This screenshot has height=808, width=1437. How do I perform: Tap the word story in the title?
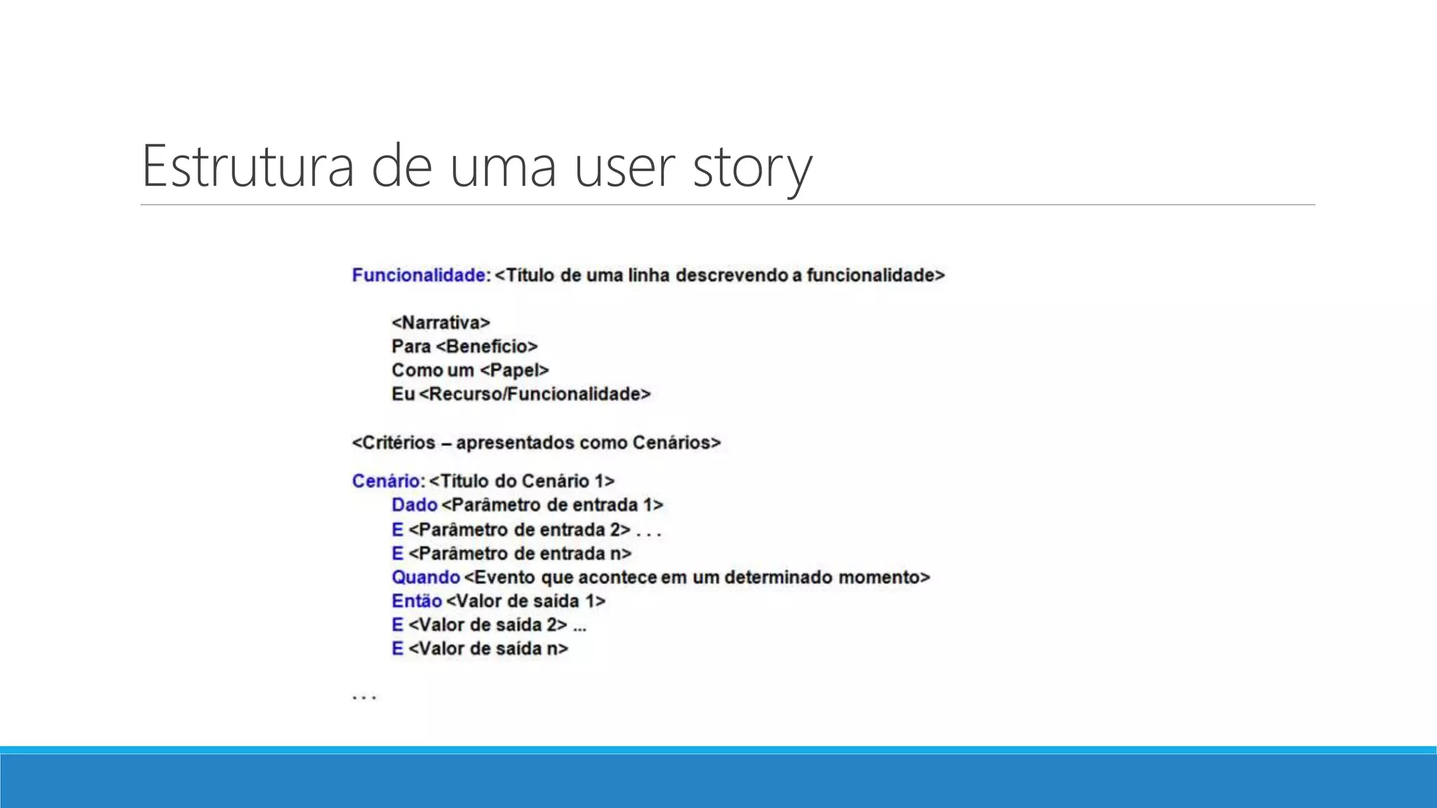pos(752,168)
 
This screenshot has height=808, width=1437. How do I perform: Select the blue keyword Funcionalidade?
pos(419,275)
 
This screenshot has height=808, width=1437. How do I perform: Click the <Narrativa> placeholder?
pos(441,323)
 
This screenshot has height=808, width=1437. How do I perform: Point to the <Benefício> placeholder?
pos(486,346)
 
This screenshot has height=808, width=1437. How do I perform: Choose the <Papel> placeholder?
pos(514,370)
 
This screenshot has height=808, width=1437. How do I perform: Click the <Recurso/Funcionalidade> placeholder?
pos(535,394)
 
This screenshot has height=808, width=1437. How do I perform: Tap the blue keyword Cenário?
pos(386,481)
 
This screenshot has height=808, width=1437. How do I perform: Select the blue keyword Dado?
pos(414,505)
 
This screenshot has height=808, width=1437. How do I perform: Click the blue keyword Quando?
pos(425,577)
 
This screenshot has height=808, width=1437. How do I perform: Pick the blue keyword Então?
pos(417,601)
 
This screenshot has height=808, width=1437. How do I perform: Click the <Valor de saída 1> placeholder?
pos(526,601)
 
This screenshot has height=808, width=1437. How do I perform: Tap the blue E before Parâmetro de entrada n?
pos(397,553)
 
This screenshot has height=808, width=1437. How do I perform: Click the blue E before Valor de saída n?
pos(397,649)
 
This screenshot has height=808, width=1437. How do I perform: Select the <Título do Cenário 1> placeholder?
pos(522,481)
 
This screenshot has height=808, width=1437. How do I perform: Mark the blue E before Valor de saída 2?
pos(397,625)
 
